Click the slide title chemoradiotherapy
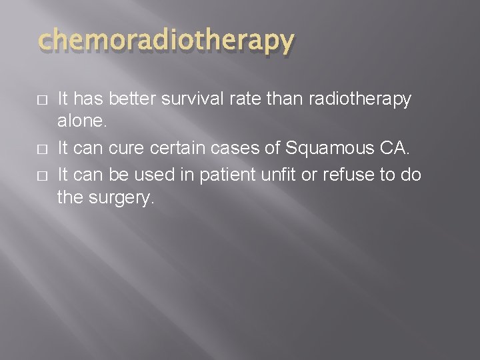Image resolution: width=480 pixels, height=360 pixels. (166, 41)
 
